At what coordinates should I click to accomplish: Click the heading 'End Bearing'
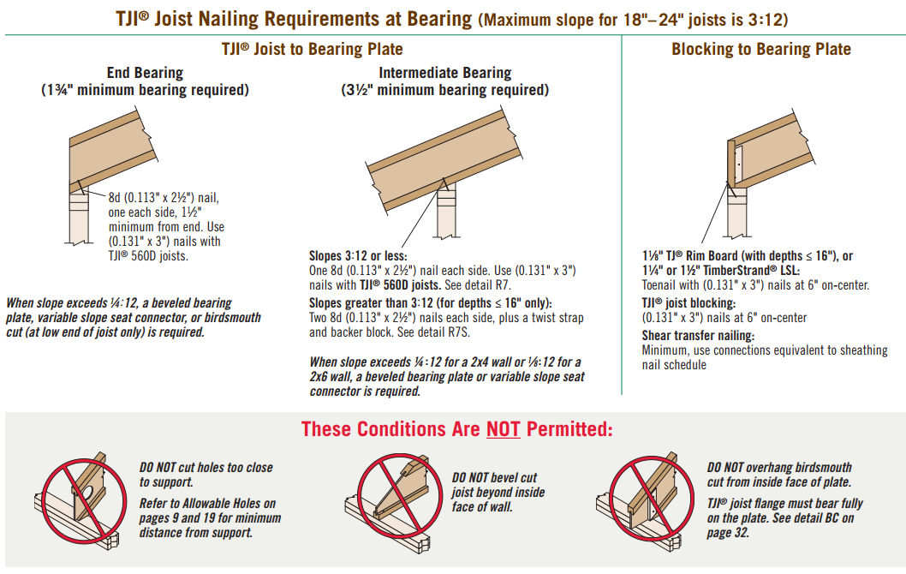click(x=145, y=74)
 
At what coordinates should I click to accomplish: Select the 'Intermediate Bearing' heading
click(x=445, y=74)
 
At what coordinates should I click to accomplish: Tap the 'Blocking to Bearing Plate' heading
click(x=761, y=50)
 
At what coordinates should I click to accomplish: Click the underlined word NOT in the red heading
click(x=503, y=429)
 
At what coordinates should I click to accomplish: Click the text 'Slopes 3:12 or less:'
click(x=358, y=256)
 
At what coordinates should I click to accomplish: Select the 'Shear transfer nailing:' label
click(x=698, y=336)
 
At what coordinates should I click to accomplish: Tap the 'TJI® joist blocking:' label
click(x=688, y=303)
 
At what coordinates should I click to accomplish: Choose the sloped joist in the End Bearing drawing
click(x=113, y=152)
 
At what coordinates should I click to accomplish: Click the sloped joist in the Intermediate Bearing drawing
click(x=444, y=160)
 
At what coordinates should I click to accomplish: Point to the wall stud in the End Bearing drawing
click(x=78, y=218)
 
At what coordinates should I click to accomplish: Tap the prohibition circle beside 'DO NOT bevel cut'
click(x=399, y=496)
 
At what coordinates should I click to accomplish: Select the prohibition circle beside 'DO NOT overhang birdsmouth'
click(x=652, y=498)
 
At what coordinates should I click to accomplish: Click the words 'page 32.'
click(x=728, y=533)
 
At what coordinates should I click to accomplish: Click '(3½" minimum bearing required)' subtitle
click(x=445, y=91)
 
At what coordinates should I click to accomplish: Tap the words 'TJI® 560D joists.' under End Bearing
click(x=148, y=256)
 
